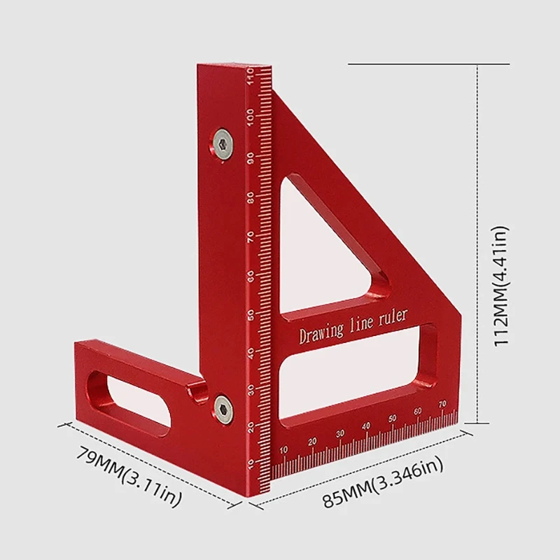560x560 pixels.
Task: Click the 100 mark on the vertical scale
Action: [251, 117]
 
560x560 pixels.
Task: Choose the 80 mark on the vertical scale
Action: [251, 197]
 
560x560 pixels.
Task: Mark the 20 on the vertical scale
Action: [251, 426]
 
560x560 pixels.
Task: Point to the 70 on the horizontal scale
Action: [442, 404]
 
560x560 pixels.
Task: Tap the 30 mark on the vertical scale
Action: [251, 389]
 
